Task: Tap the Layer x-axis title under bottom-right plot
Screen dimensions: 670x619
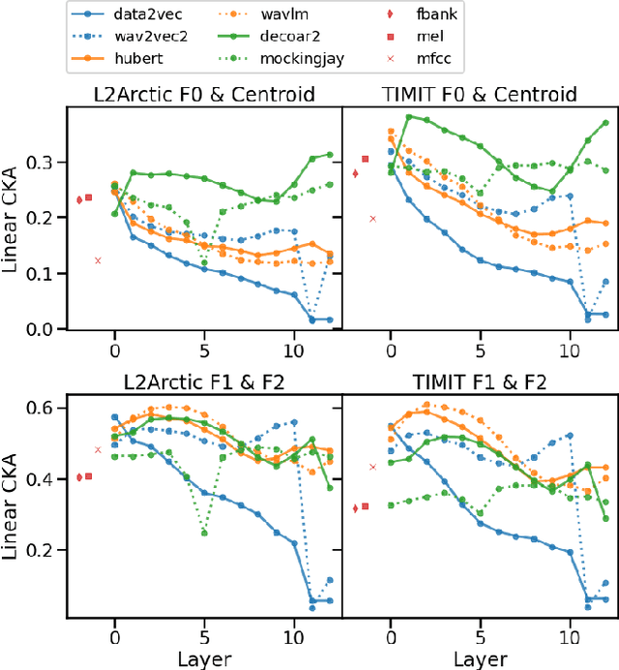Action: [x=481, y=657]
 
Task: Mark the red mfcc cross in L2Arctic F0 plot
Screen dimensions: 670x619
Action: [x=98, y=260]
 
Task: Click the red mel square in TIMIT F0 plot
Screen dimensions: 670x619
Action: [x=366, y=159]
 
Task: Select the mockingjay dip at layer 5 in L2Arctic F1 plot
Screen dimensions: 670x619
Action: [x=204, y=533]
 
